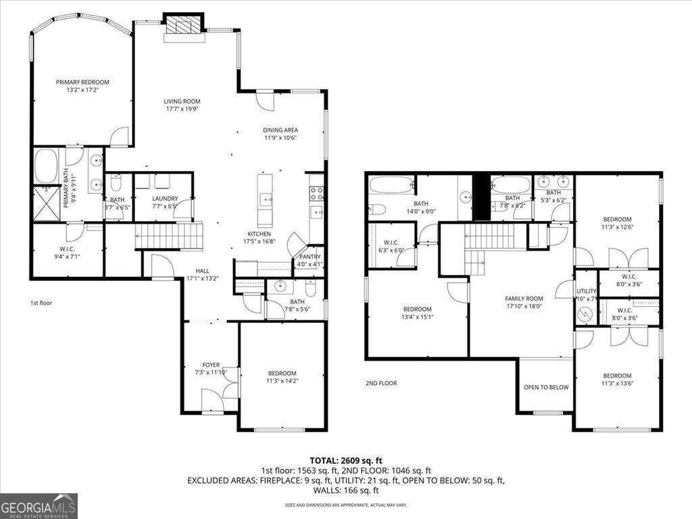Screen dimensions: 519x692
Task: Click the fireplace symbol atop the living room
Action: pos(183,26)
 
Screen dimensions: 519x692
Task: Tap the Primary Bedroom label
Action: pos(82,82)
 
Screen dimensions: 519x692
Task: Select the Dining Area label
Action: pos(280,130)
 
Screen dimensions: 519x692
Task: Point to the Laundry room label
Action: pos(165,199)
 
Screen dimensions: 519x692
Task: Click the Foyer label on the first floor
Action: pos(211,365)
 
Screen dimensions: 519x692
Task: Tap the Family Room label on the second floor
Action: pos(524,299)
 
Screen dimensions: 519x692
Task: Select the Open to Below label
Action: pos(546,387)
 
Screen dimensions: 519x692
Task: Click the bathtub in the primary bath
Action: pos(46,166)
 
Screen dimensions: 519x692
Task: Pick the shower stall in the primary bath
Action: pos(46,203)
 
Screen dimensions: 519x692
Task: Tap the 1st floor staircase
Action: pos(170,237)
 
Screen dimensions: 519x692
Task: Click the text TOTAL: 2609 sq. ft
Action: pos(345,460)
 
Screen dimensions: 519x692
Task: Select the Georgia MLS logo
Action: pos(39,506)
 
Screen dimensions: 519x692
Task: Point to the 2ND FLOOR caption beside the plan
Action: pos(381,383)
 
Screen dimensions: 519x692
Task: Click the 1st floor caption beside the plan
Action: pos(41,303)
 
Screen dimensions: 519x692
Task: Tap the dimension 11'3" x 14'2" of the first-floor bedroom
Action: pos(282,381)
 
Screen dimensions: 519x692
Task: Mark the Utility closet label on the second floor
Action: pos(585,291)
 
